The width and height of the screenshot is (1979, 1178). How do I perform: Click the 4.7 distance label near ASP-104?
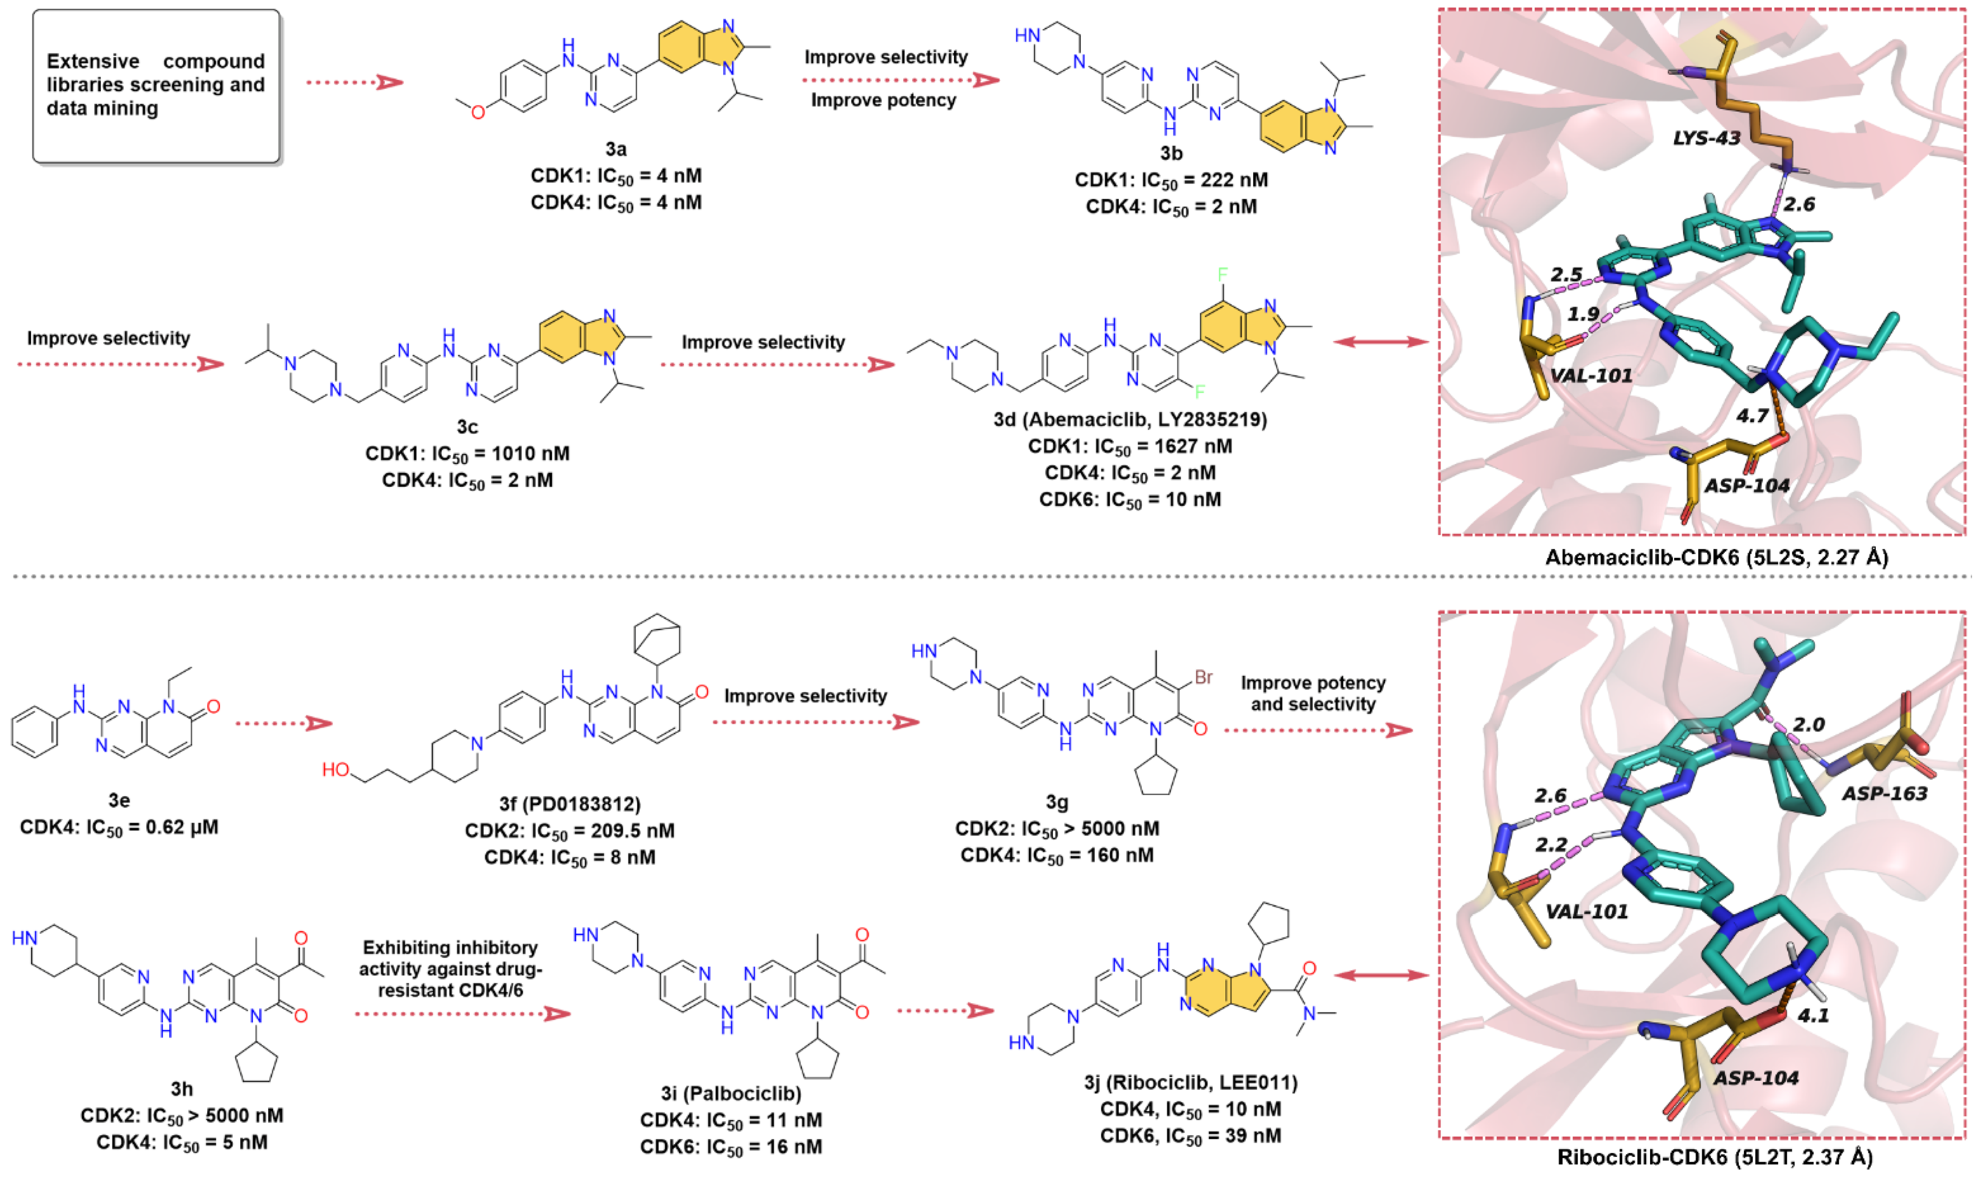[1752, 415]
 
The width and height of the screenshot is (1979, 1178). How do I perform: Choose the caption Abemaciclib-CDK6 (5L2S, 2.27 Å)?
[1716, 557]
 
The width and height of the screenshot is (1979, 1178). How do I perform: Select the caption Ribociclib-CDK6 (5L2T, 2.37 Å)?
[1715, 1158]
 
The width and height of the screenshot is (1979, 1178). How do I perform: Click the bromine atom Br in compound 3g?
[1203, 677]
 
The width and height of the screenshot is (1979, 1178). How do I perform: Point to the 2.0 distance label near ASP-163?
[1808, 724]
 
